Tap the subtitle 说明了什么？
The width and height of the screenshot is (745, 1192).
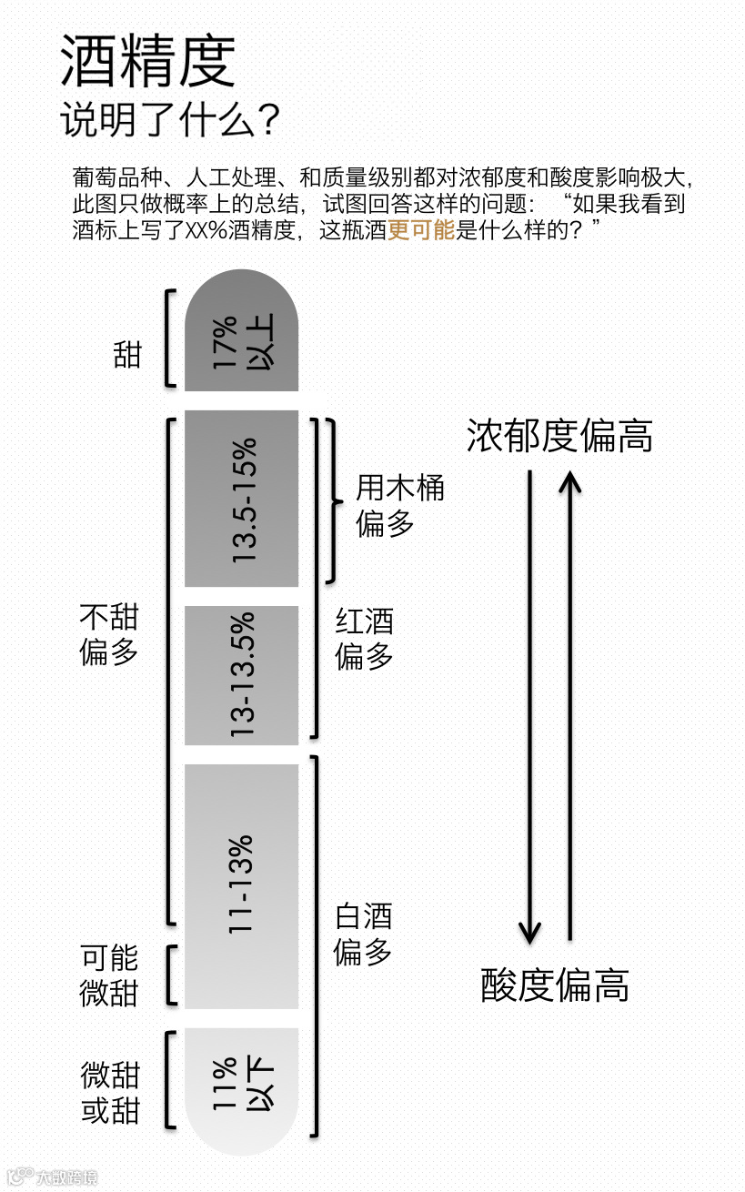pos(169,119)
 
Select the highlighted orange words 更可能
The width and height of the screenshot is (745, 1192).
pos(420,230)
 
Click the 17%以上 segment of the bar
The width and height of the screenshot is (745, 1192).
pos(241,341)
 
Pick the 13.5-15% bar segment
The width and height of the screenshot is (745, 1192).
pos(241,499)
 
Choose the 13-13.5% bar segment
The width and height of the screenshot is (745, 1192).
pos(241,675)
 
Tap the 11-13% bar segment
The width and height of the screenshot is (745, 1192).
pos(241,885)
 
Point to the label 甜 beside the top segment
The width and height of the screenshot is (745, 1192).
pos(128,354)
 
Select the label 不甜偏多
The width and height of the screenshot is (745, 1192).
pos(109,635)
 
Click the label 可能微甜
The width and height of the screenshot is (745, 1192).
pos(109,975)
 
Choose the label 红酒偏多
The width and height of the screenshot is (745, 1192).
pos(364,640)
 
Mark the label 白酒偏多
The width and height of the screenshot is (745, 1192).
pos(363,934)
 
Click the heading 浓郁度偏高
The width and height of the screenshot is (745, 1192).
pos(559,436)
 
